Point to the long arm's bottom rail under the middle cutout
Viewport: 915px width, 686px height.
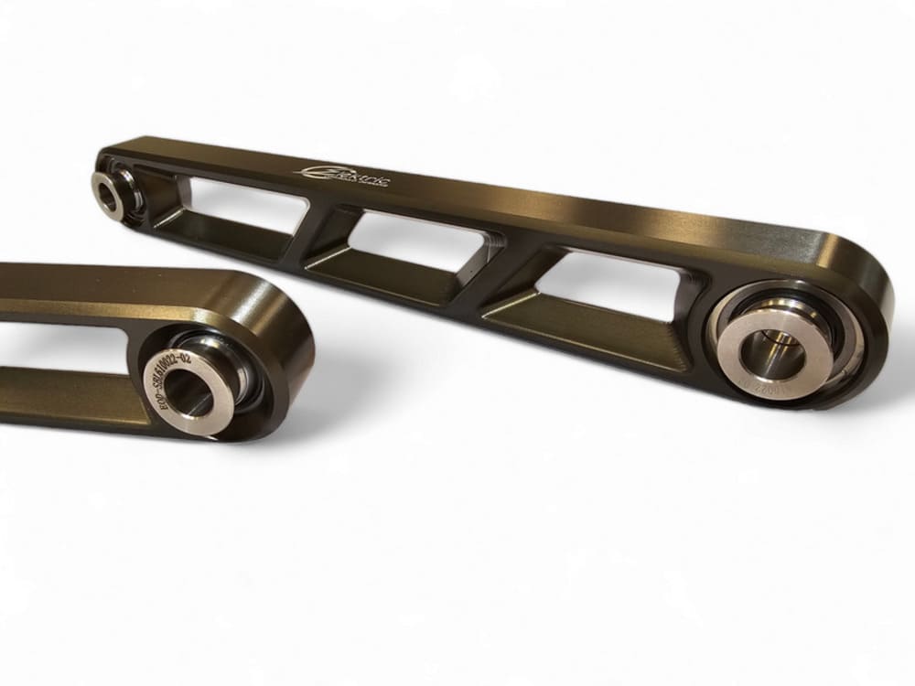click(x=403, y=279)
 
